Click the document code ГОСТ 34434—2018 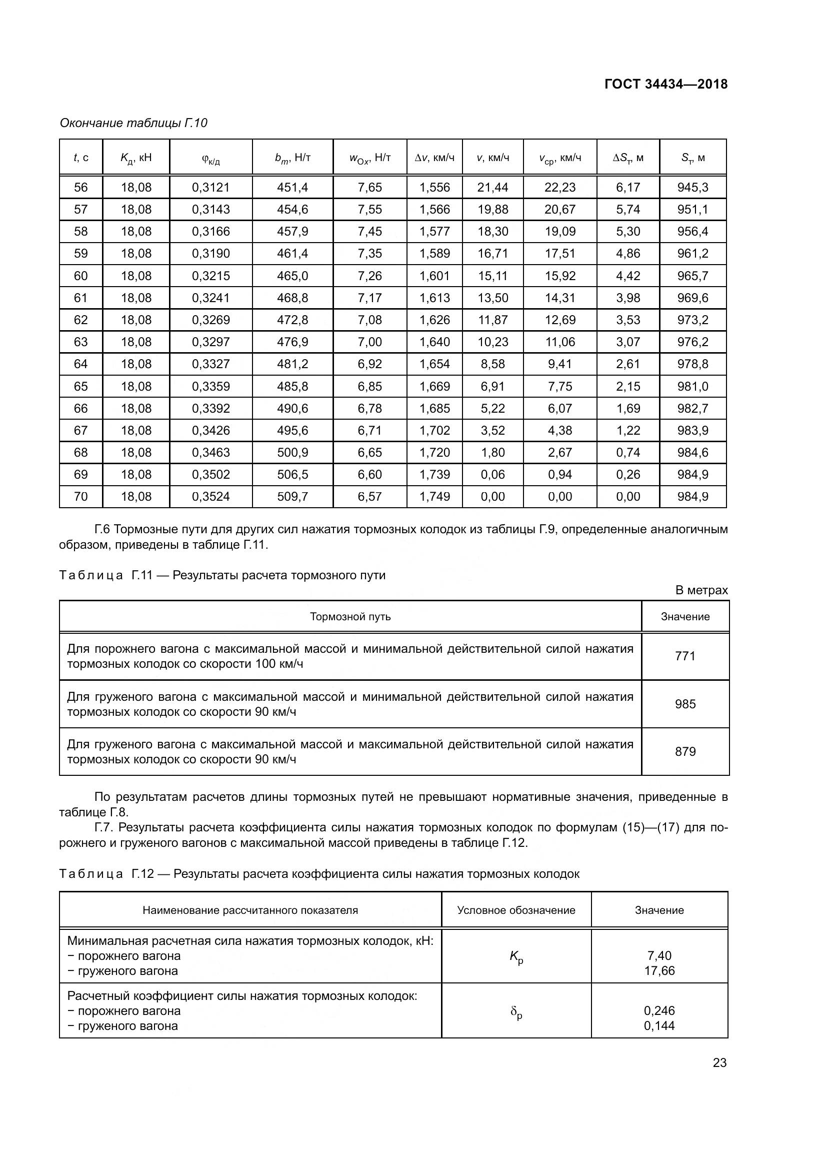coord(665,84)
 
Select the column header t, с coord(81,158)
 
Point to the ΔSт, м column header coord(628,158)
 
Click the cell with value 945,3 coord(692,188)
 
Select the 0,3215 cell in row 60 coord(211,276)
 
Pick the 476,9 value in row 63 coord(292,342)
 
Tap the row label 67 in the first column coord(81,431)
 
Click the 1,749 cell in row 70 coord(434,496)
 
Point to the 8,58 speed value coord(492,364)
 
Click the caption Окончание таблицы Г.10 coord(133,123)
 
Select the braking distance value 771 coord(685,656)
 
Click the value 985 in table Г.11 coord(685,704)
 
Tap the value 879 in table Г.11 coord(685,752)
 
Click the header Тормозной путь coord(350,617)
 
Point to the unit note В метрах coord(701,590)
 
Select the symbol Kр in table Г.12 coord(516,957)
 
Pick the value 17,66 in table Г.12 coord(659,970)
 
